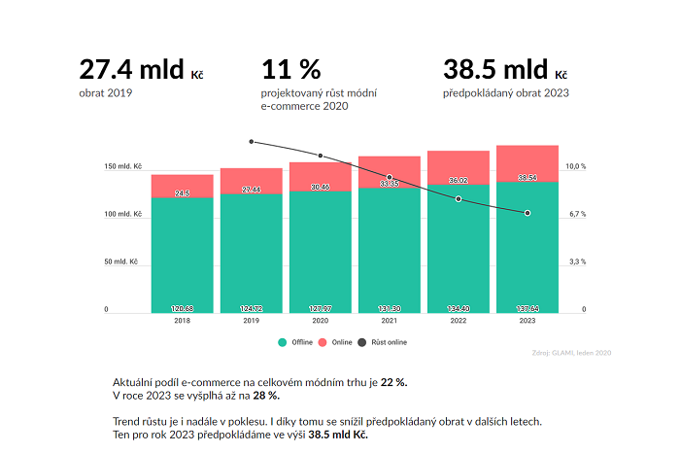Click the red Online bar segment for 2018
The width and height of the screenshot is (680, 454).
pos(182,186)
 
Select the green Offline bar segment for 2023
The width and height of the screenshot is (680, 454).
pos(527,248)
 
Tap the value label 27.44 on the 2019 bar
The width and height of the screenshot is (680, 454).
pos(251,189)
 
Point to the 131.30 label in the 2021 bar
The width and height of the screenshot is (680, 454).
pos(389,308)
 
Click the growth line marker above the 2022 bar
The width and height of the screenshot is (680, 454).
pos(459,200)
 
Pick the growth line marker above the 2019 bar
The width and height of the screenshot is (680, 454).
pos(252,142)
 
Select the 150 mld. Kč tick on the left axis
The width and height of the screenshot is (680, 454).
pos(123,167)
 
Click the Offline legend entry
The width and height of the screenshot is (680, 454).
pos(295,342)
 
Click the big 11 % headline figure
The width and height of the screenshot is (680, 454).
pos(290,69)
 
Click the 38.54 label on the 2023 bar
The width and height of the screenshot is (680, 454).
pos(527,178)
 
